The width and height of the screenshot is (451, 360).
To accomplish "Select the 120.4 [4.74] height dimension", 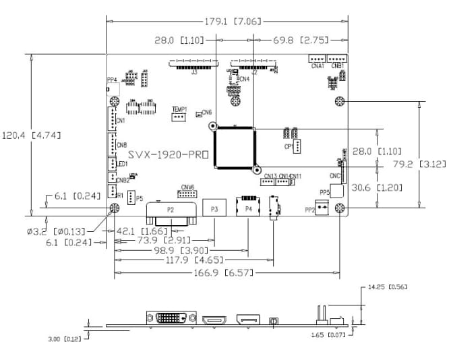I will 32,135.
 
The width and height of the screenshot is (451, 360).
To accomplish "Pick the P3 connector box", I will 214,210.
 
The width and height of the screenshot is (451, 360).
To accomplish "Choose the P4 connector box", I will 248,210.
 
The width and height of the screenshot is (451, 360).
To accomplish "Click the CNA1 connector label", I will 317,65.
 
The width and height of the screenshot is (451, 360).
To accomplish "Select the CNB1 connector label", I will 338,65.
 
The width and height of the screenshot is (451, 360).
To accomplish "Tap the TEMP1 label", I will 179,109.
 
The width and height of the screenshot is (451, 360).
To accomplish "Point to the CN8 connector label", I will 121,146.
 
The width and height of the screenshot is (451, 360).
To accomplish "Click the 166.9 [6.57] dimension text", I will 227,272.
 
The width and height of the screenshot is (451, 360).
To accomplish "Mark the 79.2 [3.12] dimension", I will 418,164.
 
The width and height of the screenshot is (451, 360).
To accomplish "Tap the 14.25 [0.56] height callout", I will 388,287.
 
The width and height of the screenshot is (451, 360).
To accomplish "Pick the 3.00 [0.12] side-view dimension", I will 62,338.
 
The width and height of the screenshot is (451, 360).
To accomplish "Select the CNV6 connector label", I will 187,187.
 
